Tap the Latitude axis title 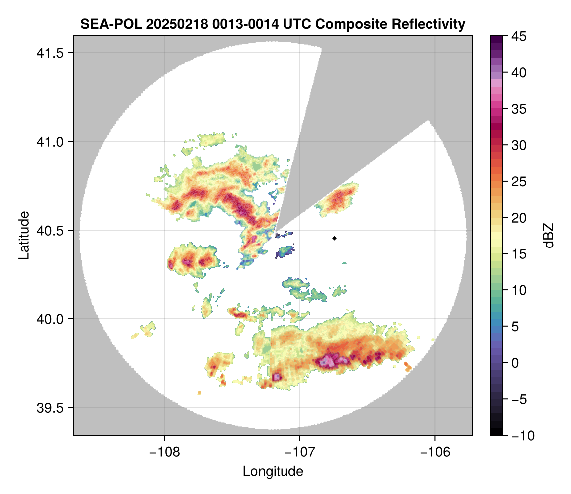click(24, 235)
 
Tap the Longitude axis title click(273, 471)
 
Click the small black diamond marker click(334, 238)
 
